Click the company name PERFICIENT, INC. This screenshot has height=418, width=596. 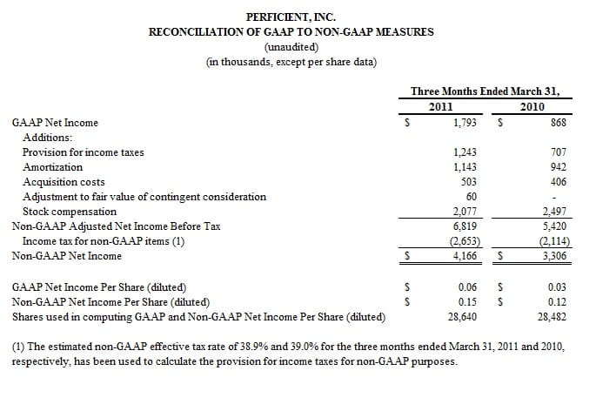pos(291,16)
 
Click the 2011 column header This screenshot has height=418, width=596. pos(441,106)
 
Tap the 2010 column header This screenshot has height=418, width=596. pos(532,106)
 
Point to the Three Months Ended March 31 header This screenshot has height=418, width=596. pos(485,91)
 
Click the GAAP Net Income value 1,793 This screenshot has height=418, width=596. pos(465,123)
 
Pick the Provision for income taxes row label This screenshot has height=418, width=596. pos(84,152)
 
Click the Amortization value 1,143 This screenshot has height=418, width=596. pos(465,166)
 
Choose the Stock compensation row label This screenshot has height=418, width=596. pos(70,211)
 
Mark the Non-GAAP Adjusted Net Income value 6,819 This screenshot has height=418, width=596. pos(465,226)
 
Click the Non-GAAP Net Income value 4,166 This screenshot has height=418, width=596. pos(465,256)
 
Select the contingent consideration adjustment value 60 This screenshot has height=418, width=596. pos(472,196)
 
